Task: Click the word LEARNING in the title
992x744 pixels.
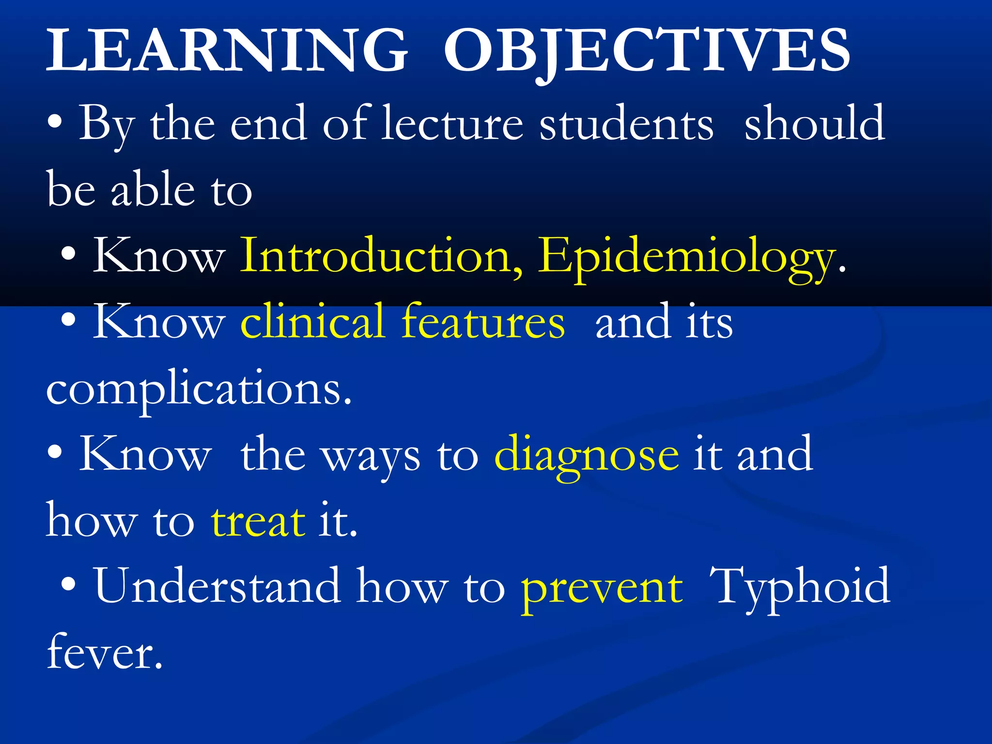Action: coord(227,51)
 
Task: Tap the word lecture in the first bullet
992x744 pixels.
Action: coord(452,124)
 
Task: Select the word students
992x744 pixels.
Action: coord(626,124)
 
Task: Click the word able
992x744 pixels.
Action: coord(153,190)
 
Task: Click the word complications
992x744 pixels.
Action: coord(199,390)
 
